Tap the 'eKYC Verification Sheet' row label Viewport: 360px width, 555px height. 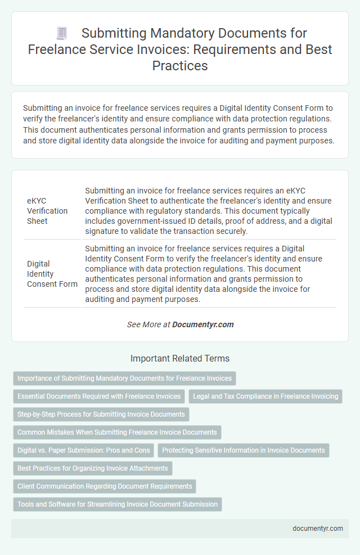tap(48, 210)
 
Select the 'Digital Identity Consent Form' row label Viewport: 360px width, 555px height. tap(52, 273)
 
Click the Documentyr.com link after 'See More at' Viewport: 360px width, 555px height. tap(202, 324)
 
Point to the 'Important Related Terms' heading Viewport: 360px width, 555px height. tap(180, 358)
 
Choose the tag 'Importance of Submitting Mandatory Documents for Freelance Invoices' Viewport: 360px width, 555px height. tap(124, 378)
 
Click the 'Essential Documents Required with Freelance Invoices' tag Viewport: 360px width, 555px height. tap(99, 396)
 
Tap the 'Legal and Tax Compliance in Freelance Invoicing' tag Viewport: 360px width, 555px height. tap(265, 396)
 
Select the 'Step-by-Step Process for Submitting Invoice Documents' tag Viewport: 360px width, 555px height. tap(101, 414)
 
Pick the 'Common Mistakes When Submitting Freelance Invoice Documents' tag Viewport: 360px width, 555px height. tap(117, 432)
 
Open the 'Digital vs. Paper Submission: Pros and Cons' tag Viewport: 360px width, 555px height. tap(84, 450)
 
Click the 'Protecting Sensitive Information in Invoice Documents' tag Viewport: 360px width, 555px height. tap(244, 450)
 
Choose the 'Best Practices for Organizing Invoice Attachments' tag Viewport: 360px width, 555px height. tap(93, 468)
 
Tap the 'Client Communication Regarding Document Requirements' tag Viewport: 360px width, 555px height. tap(105, 486)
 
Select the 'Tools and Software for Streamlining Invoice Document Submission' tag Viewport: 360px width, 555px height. tap(118, 504)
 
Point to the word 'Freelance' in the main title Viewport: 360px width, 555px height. tap(52, 49)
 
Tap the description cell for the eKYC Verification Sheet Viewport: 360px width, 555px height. tap(209, 210)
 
